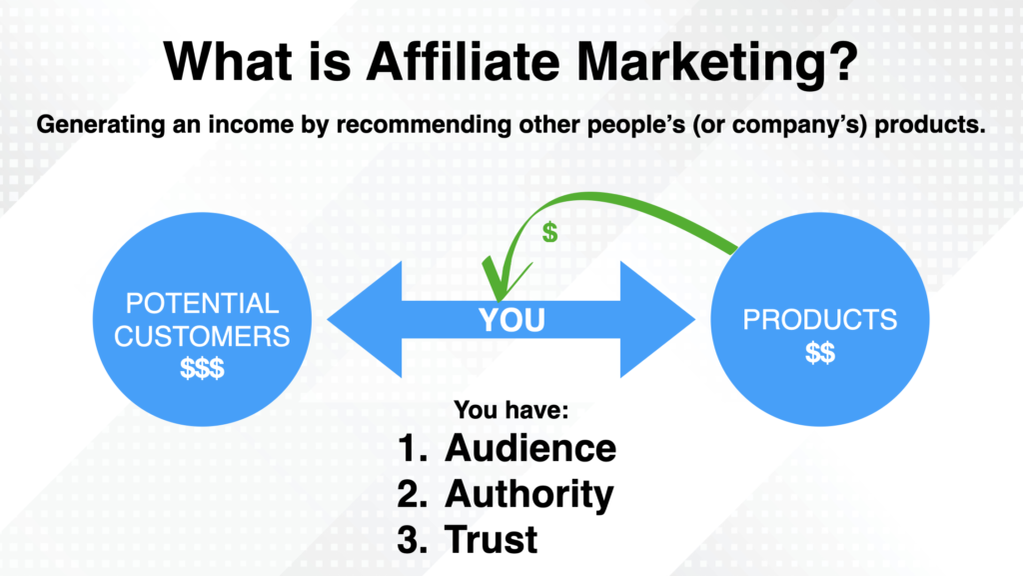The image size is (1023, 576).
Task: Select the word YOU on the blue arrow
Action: coord(511,320)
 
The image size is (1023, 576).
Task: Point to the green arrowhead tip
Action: coord(496,298)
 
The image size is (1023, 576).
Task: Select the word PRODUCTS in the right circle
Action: coord(819,320)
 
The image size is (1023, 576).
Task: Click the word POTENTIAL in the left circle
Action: coord(202,304)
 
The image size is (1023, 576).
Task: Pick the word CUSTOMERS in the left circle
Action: coord(202,336)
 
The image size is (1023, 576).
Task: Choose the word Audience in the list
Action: coord(529,447)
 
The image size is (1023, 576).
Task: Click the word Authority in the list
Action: coord(529,493)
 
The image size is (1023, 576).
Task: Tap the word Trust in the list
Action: coord(492,539)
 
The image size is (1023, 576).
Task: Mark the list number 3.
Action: coord(410,539)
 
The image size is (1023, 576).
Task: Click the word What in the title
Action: coord(224,65)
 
